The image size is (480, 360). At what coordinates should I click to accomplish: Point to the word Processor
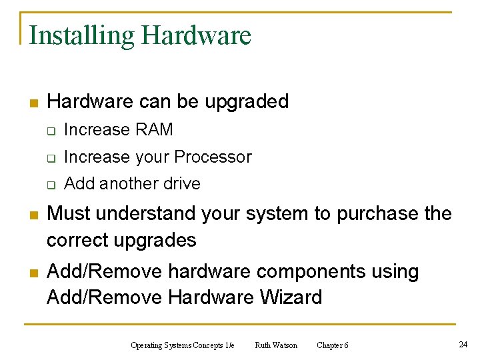coord(213,157)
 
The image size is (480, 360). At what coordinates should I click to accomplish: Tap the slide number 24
coord(463,345)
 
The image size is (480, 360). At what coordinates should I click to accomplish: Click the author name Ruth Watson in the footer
coord(276,345)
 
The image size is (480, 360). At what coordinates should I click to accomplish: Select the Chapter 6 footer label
coord(332,345)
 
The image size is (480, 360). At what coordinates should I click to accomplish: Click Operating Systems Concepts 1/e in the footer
coord(183,345)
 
